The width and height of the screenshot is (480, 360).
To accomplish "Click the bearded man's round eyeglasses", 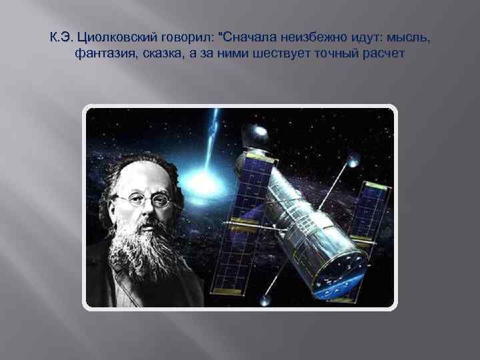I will [145, 198].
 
